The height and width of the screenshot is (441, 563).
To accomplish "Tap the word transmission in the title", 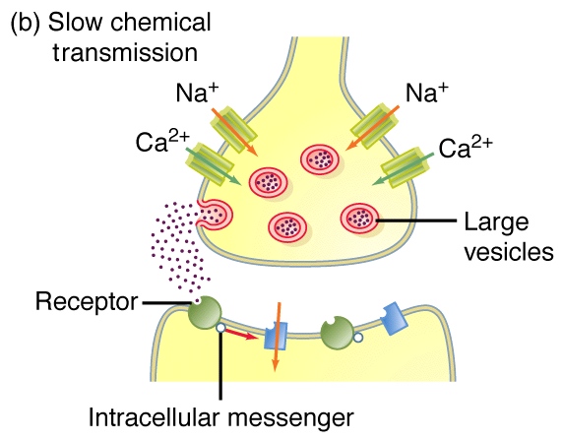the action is coord(125,52).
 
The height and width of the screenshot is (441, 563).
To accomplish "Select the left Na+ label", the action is coord(198,93).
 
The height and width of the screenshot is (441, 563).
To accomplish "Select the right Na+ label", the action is coord(427,93).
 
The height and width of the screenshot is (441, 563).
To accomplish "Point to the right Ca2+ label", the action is coord(466,148).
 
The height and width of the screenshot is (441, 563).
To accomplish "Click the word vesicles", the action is coord(509,252).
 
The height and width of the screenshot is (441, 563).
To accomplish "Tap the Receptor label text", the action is coord(87,301).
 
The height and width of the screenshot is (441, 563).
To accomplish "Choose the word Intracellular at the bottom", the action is coord(154,417).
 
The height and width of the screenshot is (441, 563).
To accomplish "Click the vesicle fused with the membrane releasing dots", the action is coord(215,215).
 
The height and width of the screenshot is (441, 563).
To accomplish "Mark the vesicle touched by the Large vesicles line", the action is coord(360,218).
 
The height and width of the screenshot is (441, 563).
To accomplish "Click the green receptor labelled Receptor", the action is coord(205,312).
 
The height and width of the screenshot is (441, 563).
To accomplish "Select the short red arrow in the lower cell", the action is coord(240,334).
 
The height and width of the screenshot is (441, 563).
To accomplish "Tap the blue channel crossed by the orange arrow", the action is coord(276,336).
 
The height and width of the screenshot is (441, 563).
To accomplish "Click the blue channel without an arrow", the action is coord(394,318).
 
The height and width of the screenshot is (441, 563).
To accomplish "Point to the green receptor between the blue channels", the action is coord(337,334).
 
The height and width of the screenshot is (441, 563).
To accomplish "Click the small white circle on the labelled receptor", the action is coord(220,328).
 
